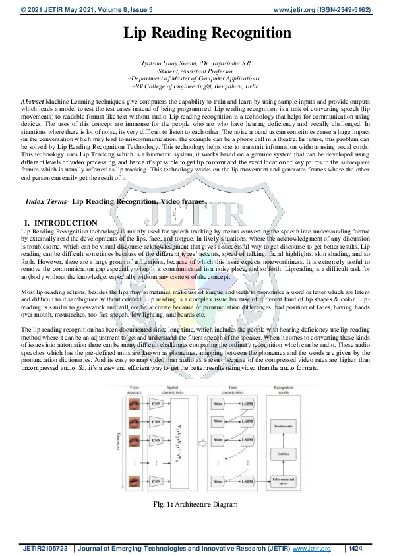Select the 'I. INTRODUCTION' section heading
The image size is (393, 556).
point(60,224)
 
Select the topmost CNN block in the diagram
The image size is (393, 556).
point(156,402)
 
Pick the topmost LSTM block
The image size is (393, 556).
point(247,402)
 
